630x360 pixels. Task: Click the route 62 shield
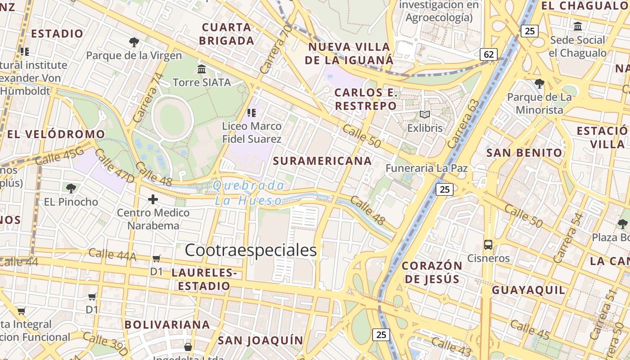pos(489,54)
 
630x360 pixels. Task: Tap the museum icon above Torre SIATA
pos(202,69)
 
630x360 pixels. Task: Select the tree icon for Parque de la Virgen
pos(134,42)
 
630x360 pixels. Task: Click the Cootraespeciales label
pos(251,250)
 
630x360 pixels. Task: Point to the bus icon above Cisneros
pos(488,245)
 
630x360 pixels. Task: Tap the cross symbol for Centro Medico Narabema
pos(153,199)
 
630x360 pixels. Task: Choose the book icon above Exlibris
pos(425,114)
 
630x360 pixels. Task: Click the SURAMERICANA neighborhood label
pos(322,161)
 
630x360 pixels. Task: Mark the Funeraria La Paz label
pos(427,168)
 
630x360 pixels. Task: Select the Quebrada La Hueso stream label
pos(249,193)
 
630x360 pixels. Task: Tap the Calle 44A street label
pos(112,255)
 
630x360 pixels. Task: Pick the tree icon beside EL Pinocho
pos(71,188)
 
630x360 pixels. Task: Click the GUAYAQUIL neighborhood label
pos(528,290)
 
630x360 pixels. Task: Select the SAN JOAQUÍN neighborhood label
pos(261,340)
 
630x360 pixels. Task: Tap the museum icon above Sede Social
pos(578,26)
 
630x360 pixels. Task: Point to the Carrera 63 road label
pos(463,123)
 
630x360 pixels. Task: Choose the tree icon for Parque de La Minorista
pos(539,83)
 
